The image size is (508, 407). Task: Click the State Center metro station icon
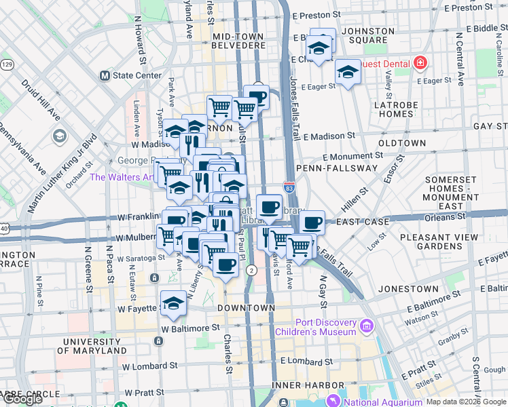tap(105, 75)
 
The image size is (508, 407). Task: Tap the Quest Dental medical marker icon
tap(420, 64)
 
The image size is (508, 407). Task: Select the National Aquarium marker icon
tap(333, 402)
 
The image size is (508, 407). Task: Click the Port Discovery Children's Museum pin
tap(367, 327)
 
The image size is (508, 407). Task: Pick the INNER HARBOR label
tap(301, 385)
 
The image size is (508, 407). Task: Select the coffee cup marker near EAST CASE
tap(312, 222)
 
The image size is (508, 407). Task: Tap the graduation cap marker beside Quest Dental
tap(348, 72)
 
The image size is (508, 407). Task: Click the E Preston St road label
tap(316, 14)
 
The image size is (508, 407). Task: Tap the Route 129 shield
tap(7, 64)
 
